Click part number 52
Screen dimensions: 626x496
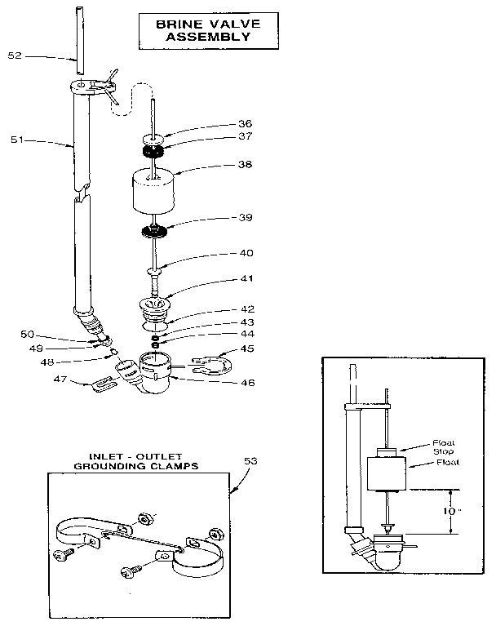click(14, 55)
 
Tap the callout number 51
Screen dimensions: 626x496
click(16, 140)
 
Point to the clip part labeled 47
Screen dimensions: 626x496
click(102, 384)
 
